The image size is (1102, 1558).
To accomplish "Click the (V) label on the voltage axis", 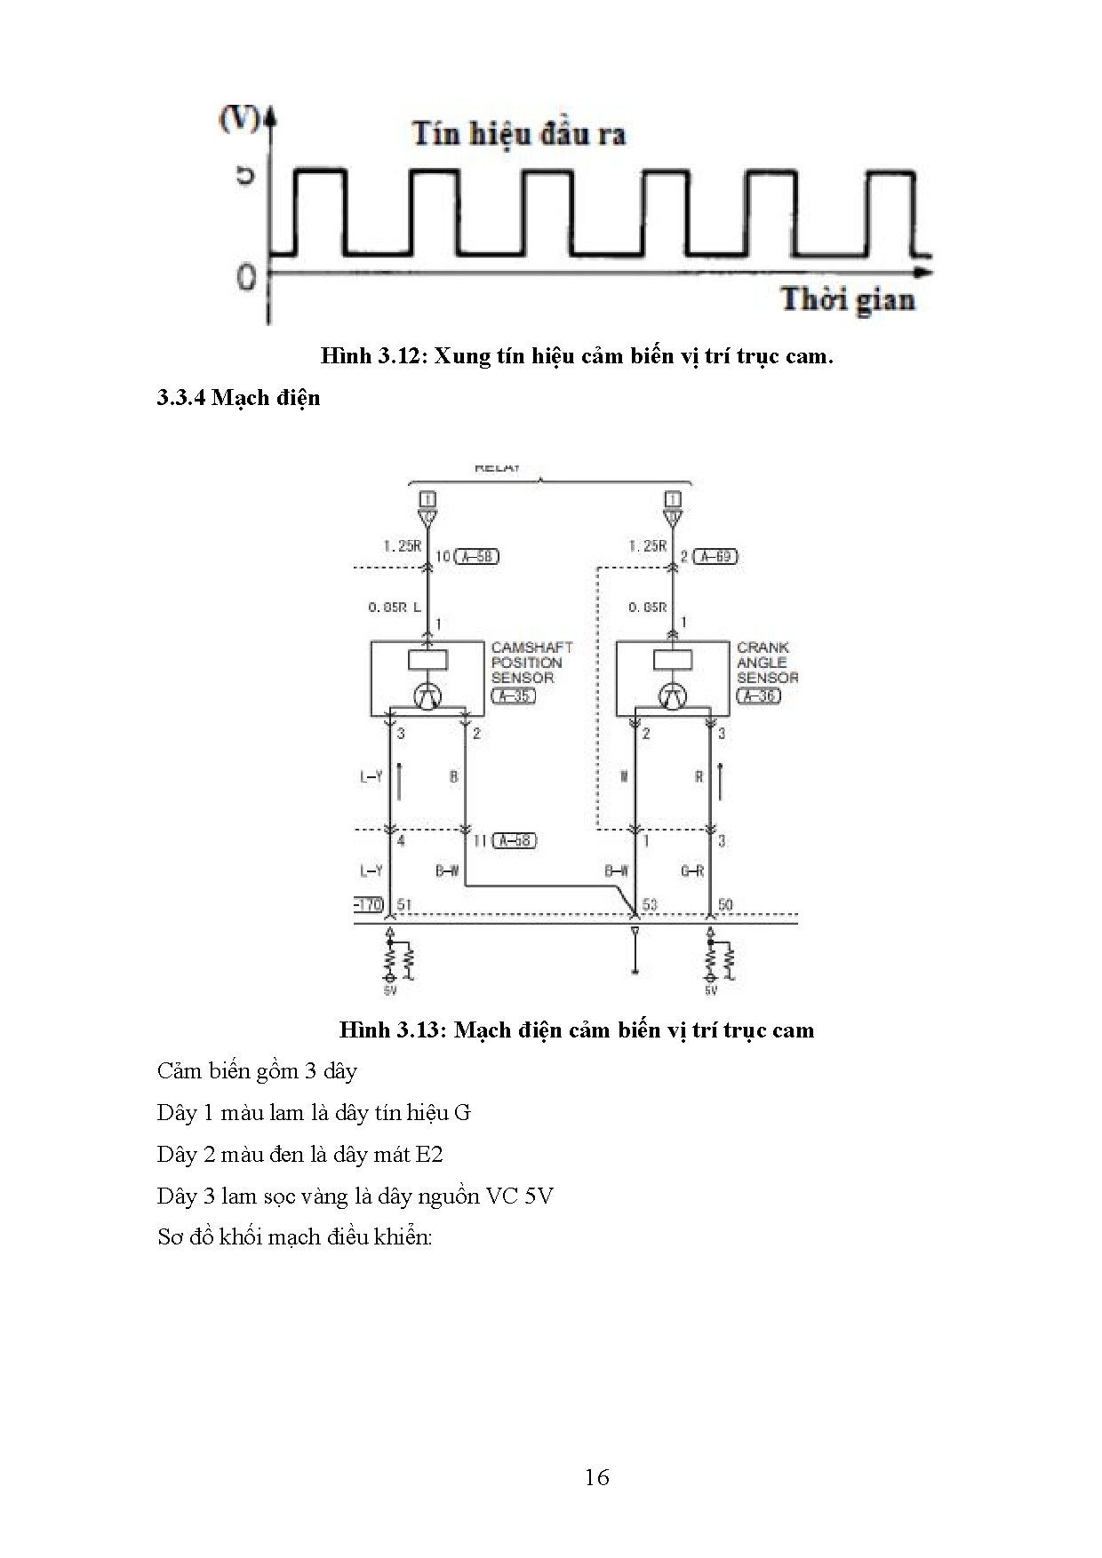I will (237, 119).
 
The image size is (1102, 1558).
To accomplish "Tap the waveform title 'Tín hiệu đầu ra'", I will (519, 134).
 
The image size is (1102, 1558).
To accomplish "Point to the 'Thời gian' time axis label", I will (847, 299).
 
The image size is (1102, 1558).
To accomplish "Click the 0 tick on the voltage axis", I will (246, 276).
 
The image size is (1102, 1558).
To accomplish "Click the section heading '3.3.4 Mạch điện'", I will (238, 397).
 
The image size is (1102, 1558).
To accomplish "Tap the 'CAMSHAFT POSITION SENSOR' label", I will (531, 662).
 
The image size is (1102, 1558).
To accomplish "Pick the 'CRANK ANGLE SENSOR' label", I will (766, 662).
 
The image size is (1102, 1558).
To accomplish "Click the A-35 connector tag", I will (514, 696).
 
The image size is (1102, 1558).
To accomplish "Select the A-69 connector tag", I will (715, 556).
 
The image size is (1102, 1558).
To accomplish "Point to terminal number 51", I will (404, 905).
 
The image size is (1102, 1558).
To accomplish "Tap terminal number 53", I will (650, 905).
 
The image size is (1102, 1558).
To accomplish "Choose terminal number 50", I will (724, 905).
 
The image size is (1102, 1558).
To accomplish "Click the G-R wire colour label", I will (692, 871).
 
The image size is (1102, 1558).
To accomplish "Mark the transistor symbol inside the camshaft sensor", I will (427, 696).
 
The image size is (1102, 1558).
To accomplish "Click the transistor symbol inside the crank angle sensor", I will (673, 696).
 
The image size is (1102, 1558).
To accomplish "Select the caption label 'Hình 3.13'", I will (389, 1029).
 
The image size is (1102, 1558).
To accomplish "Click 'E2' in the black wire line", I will (428, 1155).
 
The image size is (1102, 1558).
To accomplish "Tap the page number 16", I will (597, 1476).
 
